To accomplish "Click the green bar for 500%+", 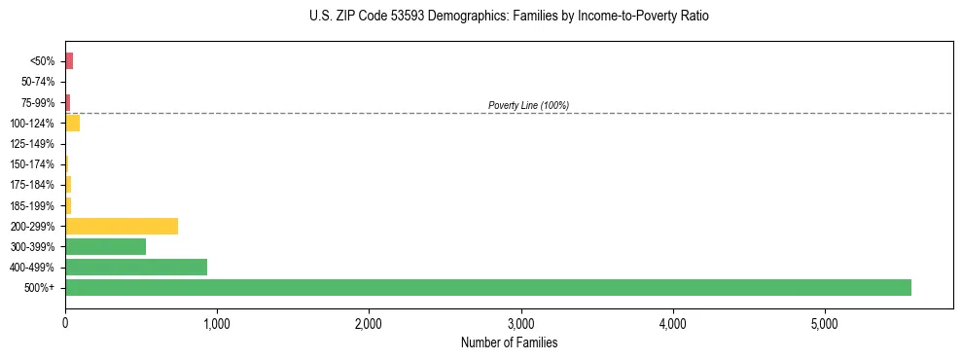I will (x=487, y=287).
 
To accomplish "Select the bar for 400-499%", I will (x=136, y=267).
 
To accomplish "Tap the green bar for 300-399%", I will (x=105, y=246).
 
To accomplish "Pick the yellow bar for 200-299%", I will (x=122, y=226).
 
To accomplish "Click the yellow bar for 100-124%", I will (x=73, y=123).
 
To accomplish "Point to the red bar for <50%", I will (x=69, y=61).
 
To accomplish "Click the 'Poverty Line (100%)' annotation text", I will (x=528, y=105).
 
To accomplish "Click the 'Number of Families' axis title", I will (x=509, y=342).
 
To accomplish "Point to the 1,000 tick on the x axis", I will (x=217, y=323).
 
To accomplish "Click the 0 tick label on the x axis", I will (x=65, y=323).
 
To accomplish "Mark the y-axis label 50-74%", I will (x=37, y=82).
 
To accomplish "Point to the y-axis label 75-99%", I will (x=37, y=102).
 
